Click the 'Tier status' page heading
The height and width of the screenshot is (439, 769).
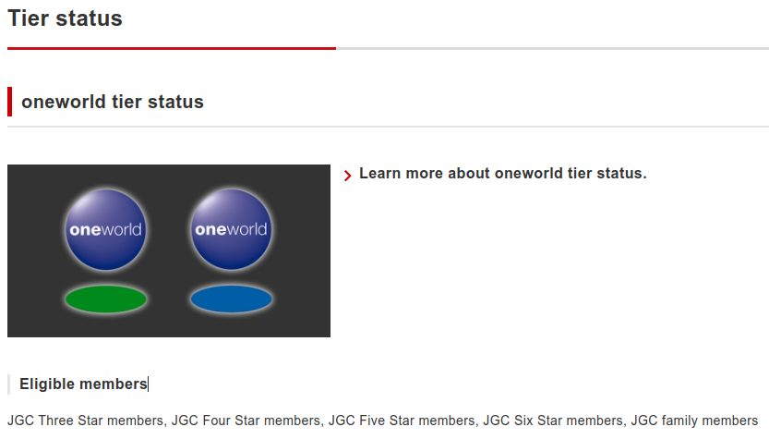click(x=65, y=18)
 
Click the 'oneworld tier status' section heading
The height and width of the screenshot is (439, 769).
click(x=113, y=102)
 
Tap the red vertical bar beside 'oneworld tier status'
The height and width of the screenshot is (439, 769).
click(x=10, y=102)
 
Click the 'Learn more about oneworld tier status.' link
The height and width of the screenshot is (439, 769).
click(x=503, y=174)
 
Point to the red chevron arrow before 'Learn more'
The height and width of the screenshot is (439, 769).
click(x=348, y=176)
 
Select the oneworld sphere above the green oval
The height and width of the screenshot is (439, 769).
click(x=106, y=229)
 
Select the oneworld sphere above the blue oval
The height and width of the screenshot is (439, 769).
click(x=231, y=229)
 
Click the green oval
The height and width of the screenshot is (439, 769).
click(x=106, y=299)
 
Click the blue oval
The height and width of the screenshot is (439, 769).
click(x=231, y=299)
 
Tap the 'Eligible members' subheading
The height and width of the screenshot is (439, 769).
click(x=83, y=384)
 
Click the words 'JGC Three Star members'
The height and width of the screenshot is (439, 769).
click(x=85, y=421)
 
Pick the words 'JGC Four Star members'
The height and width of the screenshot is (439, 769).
click(x=246, y=421)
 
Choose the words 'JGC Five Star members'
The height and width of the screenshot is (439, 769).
click(x=402, y=421)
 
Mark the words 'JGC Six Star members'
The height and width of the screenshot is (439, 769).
click(x=553, y=421)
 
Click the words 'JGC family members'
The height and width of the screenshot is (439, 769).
click(x=694, y=421)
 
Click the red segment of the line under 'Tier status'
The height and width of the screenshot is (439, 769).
click(x=172, y=49)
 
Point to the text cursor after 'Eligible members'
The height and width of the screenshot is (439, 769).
click(x=148, y=384)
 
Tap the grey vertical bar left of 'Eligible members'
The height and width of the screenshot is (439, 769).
click(x=9, y=384)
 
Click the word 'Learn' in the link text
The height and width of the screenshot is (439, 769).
click(x=380, y=174)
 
